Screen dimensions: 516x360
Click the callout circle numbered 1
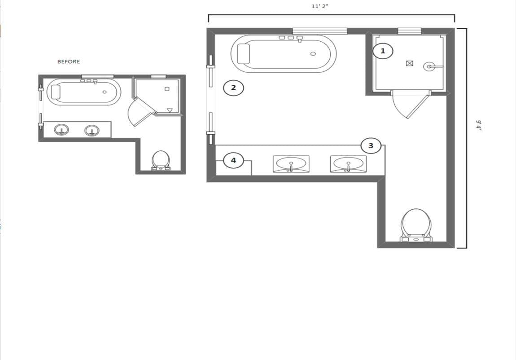point(383,51)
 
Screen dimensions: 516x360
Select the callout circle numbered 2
point(233,88)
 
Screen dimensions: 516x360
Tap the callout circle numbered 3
point(371,146)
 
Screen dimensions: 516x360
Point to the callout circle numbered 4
point(233,161)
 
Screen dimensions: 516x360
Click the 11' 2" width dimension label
point(320,6)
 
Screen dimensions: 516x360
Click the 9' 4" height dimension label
point(478,126)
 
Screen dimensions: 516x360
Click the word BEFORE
point(69,61)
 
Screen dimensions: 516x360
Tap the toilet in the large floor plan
point(416,225)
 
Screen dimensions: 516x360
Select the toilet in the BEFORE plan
point(161,161)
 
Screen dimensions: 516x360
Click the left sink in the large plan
point(291,164)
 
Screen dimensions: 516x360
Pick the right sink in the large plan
point(349,164)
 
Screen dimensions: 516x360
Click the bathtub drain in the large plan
point(313,54)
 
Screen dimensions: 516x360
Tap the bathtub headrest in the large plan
point(243,53)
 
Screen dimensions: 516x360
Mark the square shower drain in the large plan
point(409,63)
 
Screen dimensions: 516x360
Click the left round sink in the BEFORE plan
point(61,130)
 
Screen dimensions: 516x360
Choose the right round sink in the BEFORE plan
point(92,130)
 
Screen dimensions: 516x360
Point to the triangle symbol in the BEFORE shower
point(170,110)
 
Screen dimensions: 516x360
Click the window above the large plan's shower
point(409,31)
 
